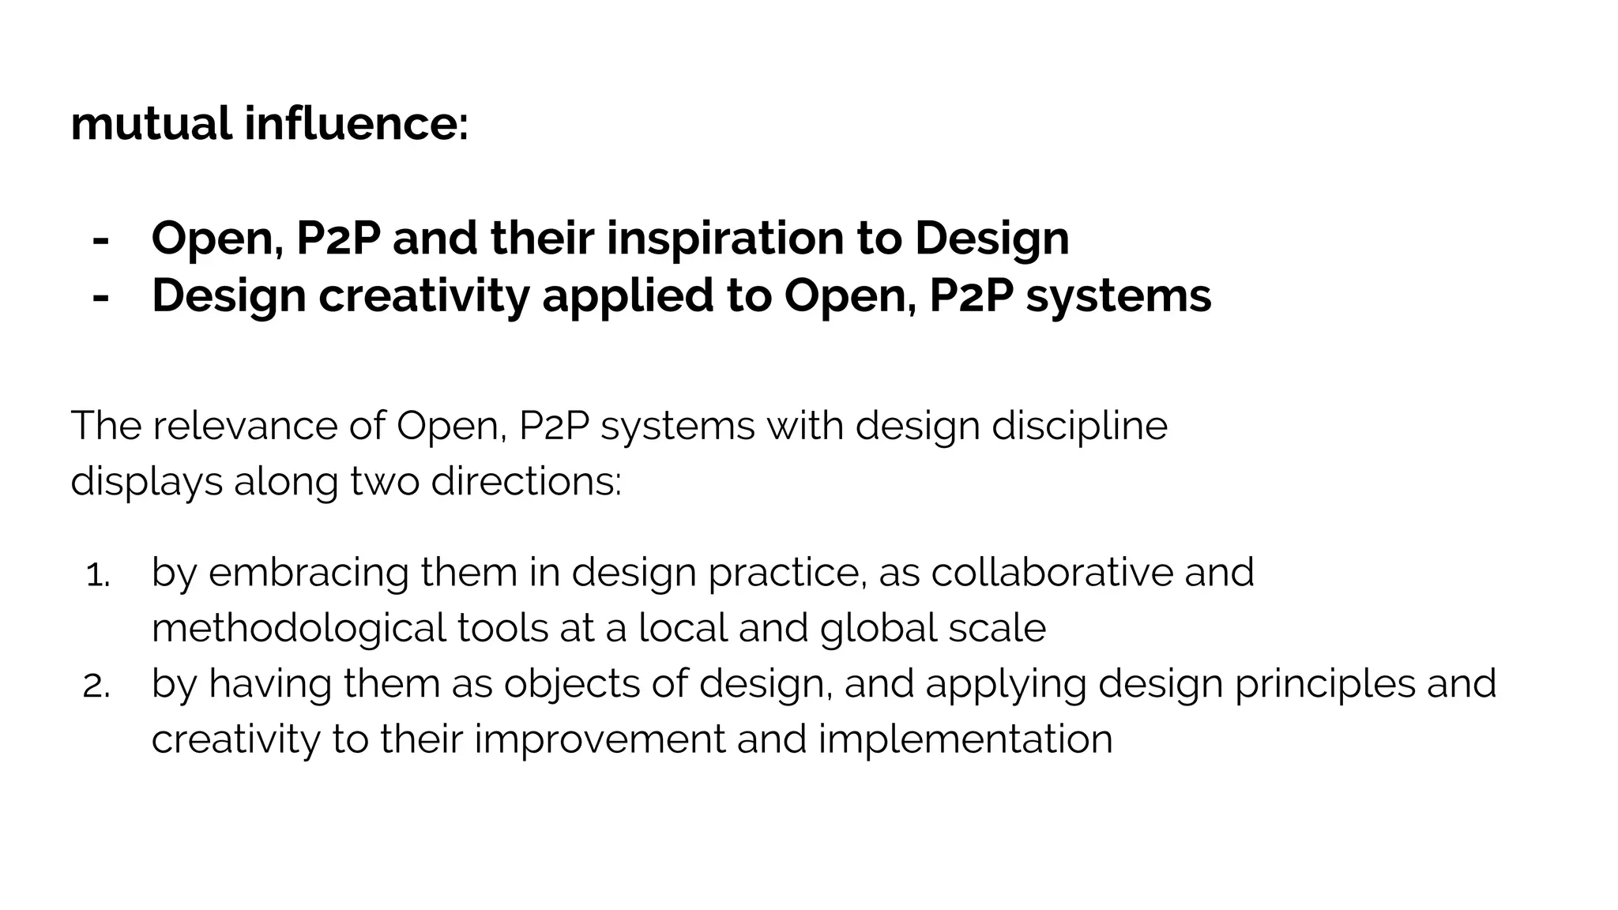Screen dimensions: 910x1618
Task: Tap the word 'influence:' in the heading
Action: click(356, 125)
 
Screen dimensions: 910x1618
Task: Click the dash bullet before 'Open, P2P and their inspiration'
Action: click(100, 239)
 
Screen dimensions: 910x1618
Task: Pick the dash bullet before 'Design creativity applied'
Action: click(100, 297)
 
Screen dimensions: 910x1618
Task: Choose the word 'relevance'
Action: click(244, 426)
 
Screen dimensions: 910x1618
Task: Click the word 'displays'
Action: click(146, 482)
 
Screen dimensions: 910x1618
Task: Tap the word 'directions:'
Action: click(526, 482)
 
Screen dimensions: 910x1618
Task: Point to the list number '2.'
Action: click(96, 687)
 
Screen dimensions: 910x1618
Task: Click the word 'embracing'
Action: click(308, 572)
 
